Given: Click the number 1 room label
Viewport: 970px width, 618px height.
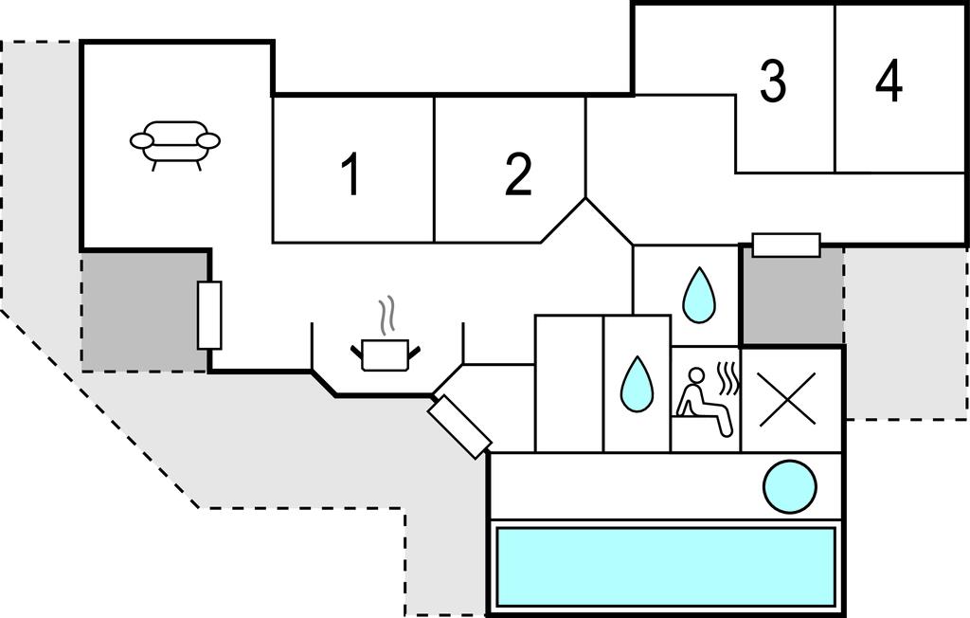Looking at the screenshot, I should (x=351, y=175).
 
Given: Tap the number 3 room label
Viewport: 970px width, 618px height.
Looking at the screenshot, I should (x=773, y=82).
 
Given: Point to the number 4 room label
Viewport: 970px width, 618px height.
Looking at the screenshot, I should (x=889, y=82).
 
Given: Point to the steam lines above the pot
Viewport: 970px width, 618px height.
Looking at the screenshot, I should (x=385, y=315).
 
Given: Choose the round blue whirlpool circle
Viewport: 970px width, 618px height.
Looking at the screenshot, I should (x=789, y=485).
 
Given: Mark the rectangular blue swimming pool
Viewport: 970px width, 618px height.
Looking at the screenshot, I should (x=665, y=567).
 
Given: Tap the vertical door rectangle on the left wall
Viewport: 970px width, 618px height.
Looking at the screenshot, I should (x=210, y=315).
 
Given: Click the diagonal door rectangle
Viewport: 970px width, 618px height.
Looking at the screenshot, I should (x=459, y=427).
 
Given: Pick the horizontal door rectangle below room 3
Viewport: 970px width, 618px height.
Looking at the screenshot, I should (x=785, y=245).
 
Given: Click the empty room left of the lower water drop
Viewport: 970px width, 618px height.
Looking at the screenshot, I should (x=569, y=383).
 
